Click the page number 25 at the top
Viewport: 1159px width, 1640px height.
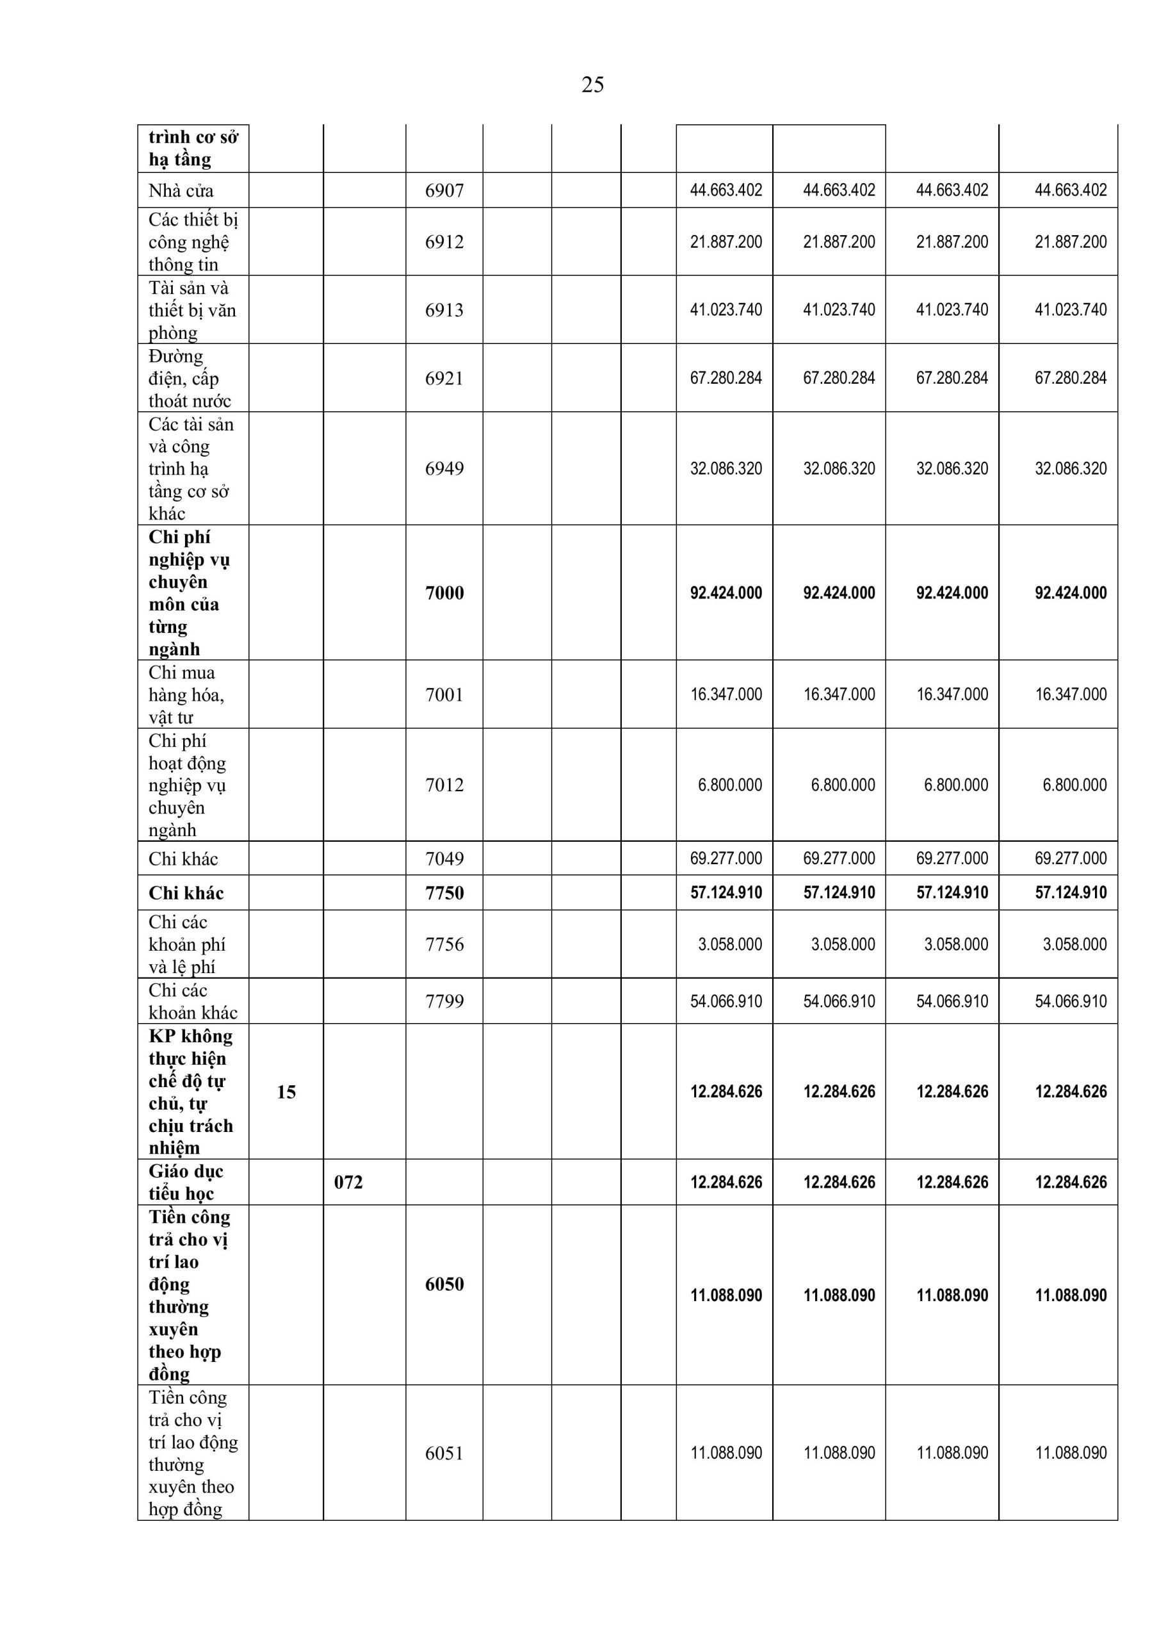coord(592,85)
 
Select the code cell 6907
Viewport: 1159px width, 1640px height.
coord(444,191)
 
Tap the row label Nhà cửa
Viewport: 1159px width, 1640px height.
coord(181,191)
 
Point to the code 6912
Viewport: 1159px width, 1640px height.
coord(444,242)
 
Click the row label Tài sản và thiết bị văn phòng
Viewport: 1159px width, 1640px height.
coord(191,310)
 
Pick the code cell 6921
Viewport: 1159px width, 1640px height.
coord(444,379)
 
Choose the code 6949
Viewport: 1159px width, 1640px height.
coord(444,468)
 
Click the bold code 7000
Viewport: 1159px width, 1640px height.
coord(444,593)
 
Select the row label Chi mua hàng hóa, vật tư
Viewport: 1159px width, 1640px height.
coord(186,694)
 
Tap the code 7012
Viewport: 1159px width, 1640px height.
coord(444,785)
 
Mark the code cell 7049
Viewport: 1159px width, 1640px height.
coord(444,858)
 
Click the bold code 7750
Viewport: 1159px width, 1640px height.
coord(444,893)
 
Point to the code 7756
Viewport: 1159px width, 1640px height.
coord(444,944)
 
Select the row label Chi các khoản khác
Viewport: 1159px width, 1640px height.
coord(192,1001)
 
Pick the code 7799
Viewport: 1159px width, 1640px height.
coord(444,1001)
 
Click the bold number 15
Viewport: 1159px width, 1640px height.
coord(286,1092)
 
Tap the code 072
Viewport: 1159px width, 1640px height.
coord(348,1182)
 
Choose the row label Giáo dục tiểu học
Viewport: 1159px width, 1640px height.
coord(186,1182)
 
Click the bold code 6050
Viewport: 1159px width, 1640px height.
coord(444,1284)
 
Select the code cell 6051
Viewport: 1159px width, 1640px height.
coord(444,1453)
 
